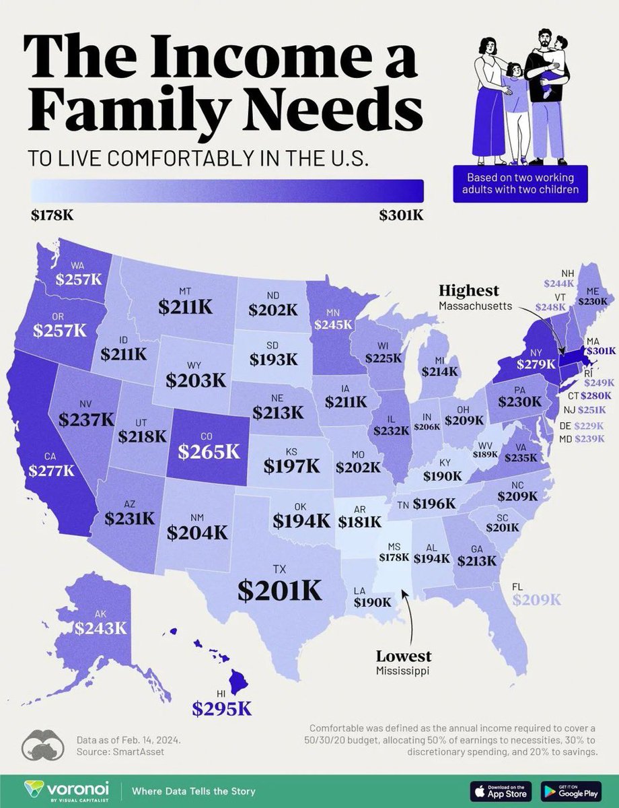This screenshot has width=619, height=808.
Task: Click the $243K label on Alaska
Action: point(101,628)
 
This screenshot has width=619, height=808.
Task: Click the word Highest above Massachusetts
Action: point(469,290)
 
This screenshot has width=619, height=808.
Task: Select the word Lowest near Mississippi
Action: point(404,656)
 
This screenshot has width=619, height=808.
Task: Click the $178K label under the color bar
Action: point(51,216)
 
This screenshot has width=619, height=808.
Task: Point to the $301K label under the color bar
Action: point(402,216)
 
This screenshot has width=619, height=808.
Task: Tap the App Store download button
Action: point(499,789)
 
